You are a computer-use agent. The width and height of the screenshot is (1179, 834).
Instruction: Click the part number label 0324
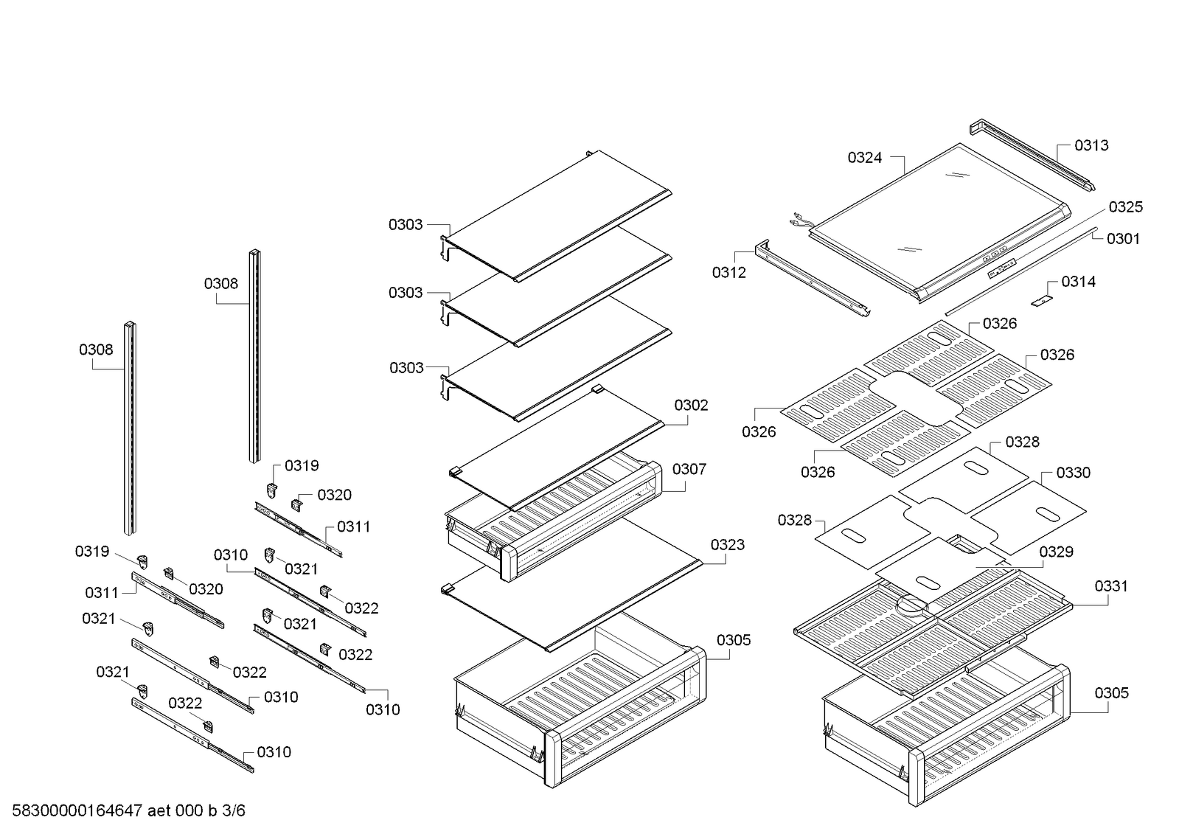[x=864, y=157]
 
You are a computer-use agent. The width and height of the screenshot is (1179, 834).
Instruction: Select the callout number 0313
[x=1091, y=145]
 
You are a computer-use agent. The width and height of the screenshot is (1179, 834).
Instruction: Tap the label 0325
[x=1125, y=207]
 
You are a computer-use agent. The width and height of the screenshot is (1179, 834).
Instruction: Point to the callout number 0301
[x=1123, y=238]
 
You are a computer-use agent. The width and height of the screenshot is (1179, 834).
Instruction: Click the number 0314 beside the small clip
[x=1078, y=282]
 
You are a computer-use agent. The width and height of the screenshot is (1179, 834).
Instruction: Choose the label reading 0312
[x=728, y=273]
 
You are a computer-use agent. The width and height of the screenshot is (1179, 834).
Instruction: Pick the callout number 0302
[x=691, y=405]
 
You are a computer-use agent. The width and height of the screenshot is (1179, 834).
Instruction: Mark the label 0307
[x=689, y=469]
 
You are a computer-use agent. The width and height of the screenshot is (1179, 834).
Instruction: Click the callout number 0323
[x=727, y=545]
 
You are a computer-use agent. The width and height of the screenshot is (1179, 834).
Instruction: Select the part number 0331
[x=1110, y=586]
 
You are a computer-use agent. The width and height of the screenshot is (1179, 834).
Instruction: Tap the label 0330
[x=1073, y=473]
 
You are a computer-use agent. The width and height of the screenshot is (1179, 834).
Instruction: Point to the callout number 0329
[x=1056, y=552]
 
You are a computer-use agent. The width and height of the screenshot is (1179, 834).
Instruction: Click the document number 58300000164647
[x=77, y=811]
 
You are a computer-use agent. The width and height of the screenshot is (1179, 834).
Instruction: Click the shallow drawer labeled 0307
[x=553, y=520]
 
